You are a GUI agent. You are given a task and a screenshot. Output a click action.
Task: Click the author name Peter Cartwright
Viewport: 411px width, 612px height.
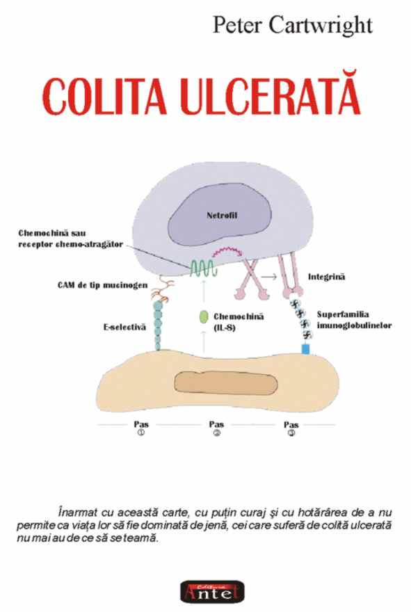(292, 25)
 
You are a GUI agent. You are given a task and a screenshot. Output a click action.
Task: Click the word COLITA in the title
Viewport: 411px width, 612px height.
(104, 96)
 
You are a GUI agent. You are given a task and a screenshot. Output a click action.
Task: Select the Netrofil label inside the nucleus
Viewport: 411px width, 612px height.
(222, 215)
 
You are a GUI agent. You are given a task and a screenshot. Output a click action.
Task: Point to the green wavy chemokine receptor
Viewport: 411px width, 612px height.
(202, 268)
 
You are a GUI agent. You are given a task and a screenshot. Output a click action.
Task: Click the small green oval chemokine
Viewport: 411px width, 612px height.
(203, 317)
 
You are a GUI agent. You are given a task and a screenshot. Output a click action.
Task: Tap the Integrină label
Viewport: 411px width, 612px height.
(327, 277)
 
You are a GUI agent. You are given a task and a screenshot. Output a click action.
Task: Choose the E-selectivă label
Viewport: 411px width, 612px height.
(125, 327)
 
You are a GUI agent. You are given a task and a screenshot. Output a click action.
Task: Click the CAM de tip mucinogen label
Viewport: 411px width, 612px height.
(103, 285)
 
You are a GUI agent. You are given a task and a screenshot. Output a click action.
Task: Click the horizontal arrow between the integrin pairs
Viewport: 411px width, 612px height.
(269, 276)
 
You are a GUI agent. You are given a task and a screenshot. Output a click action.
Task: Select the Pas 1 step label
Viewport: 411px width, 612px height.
(141, 428)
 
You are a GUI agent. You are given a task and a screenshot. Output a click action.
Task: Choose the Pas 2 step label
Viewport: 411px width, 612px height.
(216, 428)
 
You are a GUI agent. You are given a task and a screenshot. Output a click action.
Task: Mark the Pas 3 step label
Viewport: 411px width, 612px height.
(291, 428)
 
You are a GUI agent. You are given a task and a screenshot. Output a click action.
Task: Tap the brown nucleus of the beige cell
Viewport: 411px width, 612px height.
(226, 382)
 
